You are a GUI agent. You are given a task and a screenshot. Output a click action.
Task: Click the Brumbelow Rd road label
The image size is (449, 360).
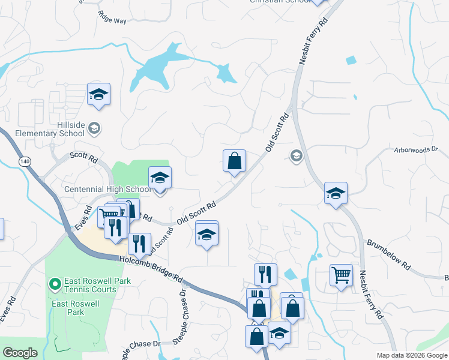pyautogui.click(x=389, y=253)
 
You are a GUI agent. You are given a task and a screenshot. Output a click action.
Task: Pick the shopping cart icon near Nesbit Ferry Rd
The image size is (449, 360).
pyautogui.click(x=341, y=275)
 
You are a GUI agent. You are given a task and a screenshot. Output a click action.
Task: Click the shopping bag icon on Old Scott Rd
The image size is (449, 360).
pyautogui.click(x=234, y=161)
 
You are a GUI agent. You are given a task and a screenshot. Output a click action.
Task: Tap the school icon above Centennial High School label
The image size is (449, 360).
pyautogui.click(x=160, y=178)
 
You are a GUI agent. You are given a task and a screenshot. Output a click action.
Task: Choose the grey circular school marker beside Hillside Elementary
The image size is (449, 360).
pyautogui.click(x=94, y=128)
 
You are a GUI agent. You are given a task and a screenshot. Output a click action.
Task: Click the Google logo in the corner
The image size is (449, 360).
pyautogui.click(x=20, y=353)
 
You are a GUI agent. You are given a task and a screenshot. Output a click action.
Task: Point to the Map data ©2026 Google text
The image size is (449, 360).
pyautogui.click(x=412, y=355)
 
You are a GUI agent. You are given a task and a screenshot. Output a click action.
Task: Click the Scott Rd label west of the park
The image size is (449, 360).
pyautogui.click(x=83, y=158)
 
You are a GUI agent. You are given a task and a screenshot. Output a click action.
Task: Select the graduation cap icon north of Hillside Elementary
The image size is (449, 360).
pyautogui.click(x=98, y=94)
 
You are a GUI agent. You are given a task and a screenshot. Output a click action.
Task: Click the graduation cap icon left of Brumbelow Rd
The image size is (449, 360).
pyautogui.click(x=336, y=193)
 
